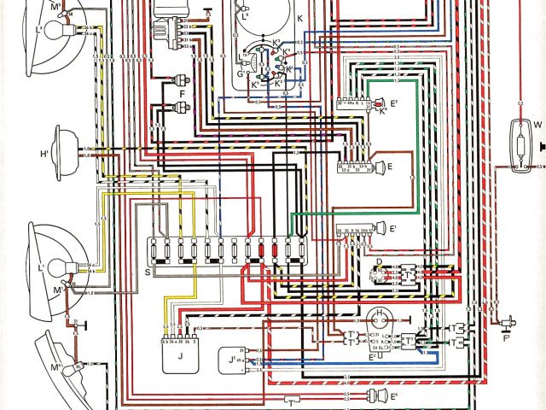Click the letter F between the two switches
coord(182,94)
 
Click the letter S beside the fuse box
coord(148,272)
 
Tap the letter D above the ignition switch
coord(378,262)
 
